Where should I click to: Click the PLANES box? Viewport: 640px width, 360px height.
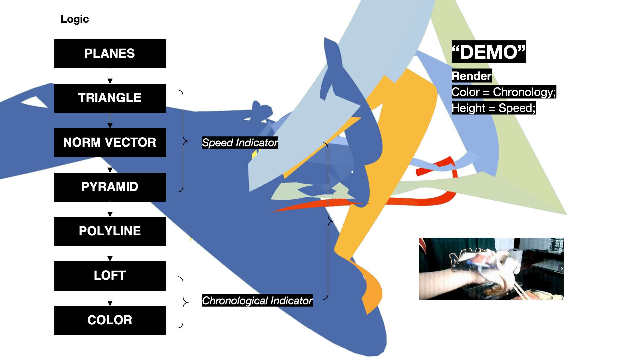tap(110, 54)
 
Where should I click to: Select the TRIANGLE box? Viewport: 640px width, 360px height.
tap(110, 98)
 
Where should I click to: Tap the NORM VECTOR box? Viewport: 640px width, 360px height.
tap(110, 142)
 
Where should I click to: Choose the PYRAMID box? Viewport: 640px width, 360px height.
tap(110, 187)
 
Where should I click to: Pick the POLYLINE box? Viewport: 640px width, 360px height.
tap(110, 231)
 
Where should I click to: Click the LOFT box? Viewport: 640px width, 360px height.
tap(110, 276)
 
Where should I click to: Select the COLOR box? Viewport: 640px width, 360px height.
tap(110, 320)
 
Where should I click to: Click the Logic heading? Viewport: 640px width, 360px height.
tap(75, 19)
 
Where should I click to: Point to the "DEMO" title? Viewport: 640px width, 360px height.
tap(489, 52)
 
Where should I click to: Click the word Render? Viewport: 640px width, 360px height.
tap(471, 76)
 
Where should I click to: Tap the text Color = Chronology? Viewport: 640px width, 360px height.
tap(503, 92)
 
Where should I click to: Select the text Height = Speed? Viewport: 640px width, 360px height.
tap(493, 108)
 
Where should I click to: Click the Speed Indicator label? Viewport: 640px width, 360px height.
tap(240, 143)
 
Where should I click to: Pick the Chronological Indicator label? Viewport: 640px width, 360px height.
tap(257, 301)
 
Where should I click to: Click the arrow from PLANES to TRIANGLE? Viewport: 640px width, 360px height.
tap(110, 76)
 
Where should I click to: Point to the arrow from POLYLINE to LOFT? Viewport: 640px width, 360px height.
tap(110, 254)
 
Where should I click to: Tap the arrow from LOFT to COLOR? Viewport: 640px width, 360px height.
tap(110, 298)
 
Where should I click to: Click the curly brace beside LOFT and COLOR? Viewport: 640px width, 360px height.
tap(183, 302)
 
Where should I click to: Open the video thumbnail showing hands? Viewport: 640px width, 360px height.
tap(491, 268)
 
